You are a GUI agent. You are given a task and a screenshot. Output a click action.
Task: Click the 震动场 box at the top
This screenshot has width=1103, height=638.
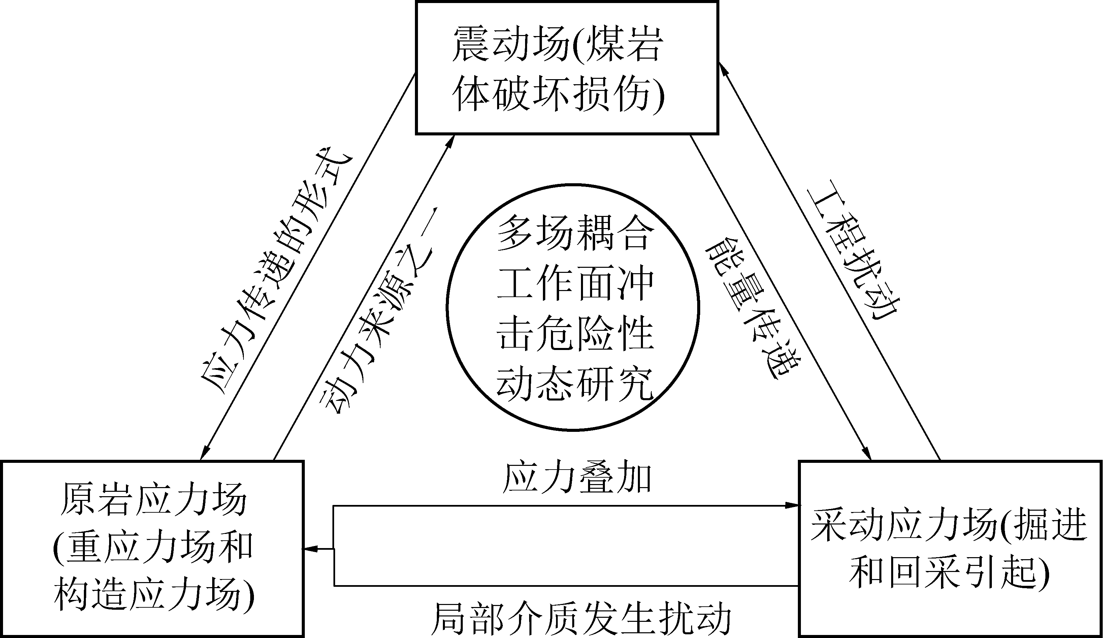[x=567, y=67]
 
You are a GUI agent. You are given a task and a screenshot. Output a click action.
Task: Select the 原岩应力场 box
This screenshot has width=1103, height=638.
[x=152, y=548]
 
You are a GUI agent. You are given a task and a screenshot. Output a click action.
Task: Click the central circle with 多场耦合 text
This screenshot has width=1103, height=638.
[x=573, y=307]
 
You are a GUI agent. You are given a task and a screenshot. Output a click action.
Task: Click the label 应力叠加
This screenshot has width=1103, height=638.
[x=577, y=478]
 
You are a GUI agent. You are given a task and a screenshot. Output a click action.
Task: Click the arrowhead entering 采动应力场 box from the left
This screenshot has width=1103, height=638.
[x=793, y=505]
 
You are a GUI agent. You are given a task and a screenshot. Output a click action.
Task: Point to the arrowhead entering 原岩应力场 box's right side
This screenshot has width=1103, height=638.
[x=311, y=549]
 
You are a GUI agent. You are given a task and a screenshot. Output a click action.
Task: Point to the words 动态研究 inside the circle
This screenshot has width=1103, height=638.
[x=574, y=384]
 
